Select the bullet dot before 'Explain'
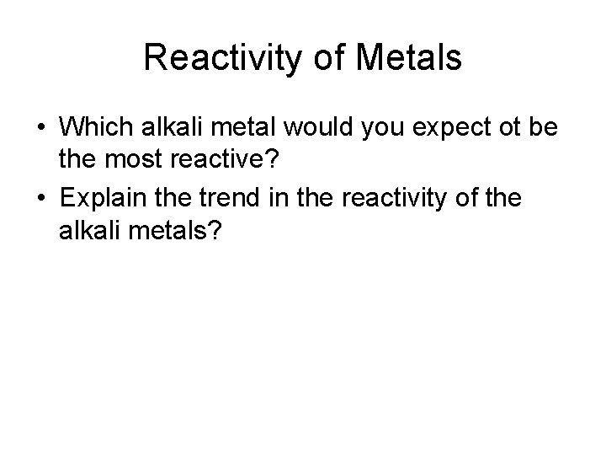tap(40, 199)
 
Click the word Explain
tap(104, 199)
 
